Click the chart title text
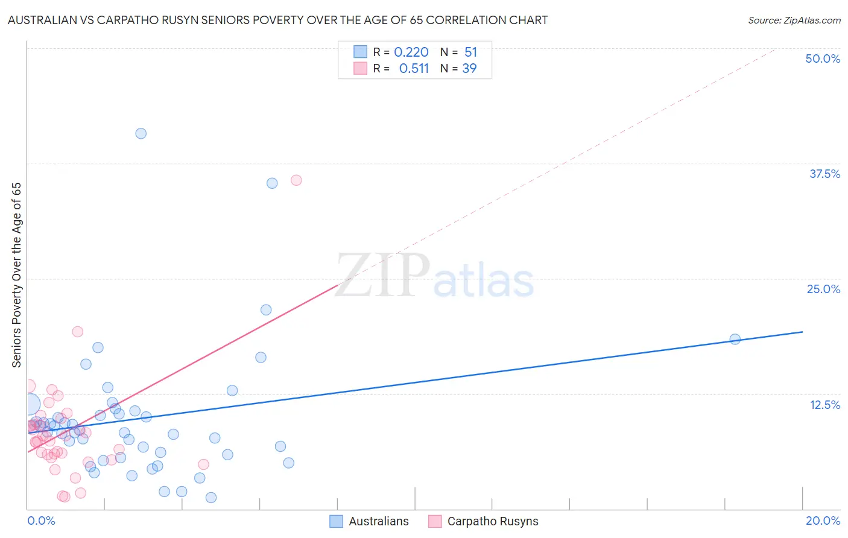click(x=277, y=20)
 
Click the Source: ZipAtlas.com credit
click(x=794, y=20)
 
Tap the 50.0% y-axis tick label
click(x=823, y=59)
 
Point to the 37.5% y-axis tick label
click(x=824, y=174)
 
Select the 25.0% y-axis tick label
click(x=823, y=289)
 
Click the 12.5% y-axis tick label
click(x=824, y=405)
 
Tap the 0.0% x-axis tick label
click(x=41, y=521)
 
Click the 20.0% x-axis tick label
click(x=823, y=521)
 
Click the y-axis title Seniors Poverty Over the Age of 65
click(x=16, y=274)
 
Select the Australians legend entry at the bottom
click(x=369, y=521)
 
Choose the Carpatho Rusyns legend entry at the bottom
click(x=483, y=521)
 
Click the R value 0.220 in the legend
click(x=411, y=52)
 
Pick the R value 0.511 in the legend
click(x=414, y=69)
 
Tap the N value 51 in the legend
click(x=470, y=52)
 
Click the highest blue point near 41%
click(x=141, y=133)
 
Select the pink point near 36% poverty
click(x=296, y=180)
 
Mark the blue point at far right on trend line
click(x=735, y=339)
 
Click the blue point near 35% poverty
click(x=272, y=183)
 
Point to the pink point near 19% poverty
click(x=77, y=331)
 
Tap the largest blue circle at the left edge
click(x=29, y=404)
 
